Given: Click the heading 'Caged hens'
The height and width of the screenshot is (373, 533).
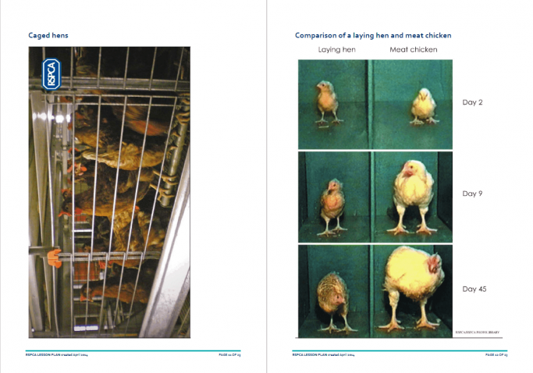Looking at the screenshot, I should (x=48, y=35).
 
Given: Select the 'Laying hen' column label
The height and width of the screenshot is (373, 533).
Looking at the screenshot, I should (x=336, y=49).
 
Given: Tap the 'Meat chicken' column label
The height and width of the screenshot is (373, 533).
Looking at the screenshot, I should (x=413, y=49).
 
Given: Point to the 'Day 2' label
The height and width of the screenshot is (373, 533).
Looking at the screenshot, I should (x=473, y=102).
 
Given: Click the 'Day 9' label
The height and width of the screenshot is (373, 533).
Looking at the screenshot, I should (x=473, y=194).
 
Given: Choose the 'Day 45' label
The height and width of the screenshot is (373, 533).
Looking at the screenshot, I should (x=474, y=289).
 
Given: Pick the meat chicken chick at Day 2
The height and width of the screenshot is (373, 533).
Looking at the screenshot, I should (x=423, y=105).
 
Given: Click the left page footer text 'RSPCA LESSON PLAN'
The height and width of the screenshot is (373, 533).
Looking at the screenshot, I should (x=47, y=355).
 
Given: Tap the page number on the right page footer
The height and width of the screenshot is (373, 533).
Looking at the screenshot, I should (x=497, y=355).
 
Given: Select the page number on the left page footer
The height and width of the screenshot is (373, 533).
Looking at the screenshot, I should (x=230, y=355).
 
